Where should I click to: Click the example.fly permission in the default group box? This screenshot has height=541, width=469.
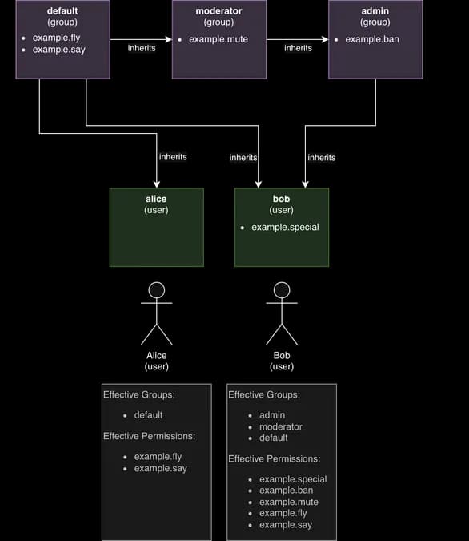56,38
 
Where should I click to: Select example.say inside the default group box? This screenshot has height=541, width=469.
59,50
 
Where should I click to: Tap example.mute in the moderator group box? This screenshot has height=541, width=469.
218,39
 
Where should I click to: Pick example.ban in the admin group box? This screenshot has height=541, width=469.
372,39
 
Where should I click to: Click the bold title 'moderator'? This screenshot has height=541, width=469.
218,11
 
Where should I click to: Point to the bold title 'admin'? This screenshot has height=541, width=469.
375,11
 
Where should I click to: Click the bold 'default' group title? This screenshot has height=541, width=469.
62,11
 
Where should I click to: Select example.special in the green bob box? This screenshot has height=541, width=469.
285,228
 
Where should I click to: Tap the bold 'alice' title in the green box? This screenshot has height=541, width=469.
156,199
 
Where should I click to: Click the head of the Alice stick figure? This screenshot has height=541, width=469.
157,290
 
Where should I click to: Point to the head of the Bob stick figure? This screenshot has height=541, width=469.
282,290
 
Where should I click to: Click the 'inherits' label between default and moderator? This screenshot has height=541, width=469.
142,48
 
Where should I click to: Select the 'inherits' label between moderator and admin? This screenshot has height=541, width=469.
298,48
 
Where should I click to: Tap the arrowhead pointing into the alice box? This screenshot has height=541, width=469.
157,184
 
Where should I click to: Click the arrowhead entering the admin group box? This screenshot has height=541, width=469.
325,39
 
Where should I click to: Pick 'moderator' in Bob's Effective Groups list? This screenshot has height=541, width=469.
281,427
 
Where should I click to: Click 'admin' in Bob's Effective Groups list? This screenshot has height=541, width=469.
272,415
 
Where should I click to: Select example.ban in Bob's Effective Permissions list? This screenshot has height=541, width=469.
286,491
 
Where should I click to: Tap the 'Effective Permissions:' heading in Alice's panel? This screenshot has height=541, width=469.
149,436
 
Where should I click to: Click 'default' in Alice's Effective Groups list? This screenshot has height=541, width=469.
148,415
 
